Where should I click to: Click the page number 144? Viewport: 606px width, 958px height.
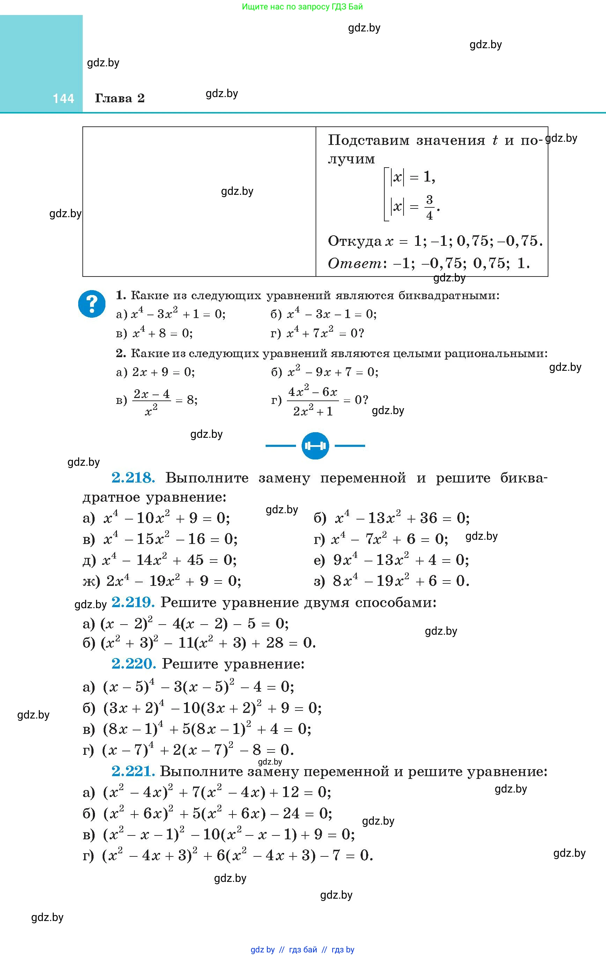63,99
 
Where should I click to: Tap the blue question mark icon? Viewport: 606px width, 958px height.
92,304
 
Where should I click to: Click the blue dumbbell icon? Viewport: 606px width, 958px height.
315,445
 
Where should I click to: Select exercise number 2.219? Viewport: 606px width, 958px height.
133,602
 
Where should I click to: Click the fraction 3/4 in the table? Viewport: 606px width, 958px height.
429,207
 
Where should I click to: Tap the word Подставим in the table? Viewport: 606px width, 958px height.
369,140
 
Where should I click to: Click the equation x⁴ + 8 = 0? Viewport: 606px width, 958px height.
162,333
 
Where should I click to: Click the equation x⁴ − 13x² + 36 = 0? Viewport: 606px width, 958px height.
402,518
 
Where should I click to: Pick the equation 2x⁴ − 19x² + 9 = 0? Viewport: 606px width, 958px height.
173,581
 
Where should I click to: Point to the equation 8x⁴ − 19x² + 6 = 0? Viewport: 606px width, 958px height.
401,581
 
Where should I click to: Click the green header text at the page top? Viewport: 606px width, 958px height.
302,7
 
